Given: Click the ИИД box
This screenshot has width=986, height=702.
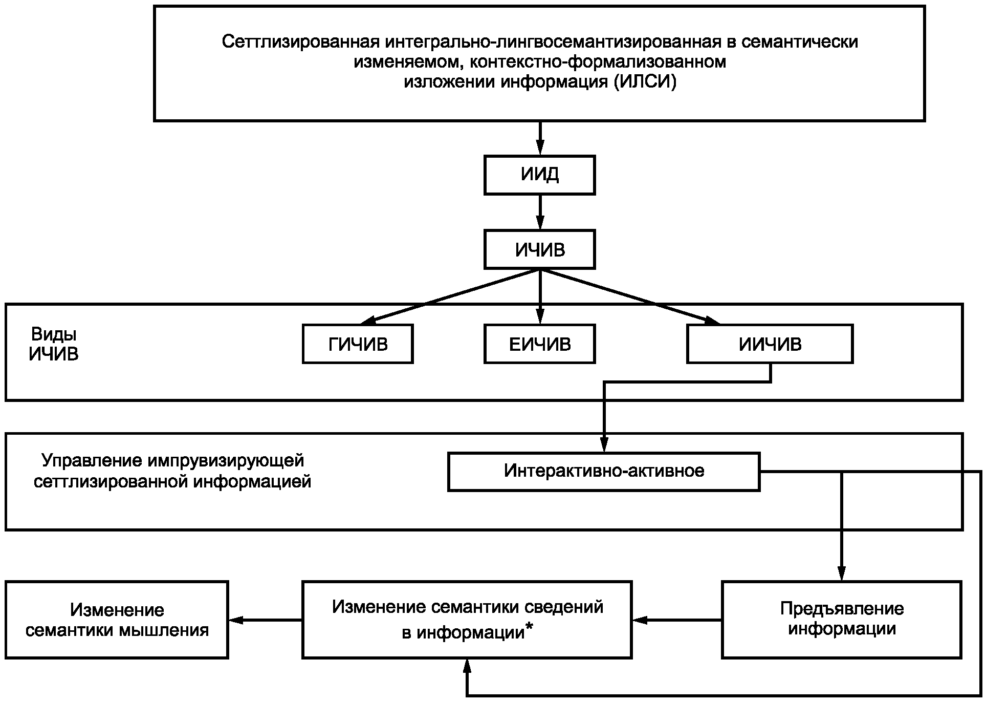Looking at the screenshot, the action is tap(540, 175).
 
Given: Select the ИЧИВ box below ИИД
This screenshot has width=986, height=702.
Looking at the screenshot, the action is tap(540, 249).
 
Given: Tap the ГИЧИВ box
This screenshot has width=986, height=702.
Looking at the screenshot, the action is tap(358, 344).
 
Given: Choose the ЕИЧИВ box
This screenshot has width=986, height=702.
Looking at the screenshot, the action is tap(540, 344).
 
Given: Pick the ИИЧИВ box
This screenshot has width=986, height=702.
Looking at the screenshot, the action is tap(770, 344).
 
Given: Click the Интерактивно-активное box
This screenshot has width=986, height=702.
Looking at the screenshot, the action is tap(604, 472).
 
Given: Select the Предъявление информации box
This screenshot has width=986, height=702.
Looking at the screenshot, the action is tap(842, 620).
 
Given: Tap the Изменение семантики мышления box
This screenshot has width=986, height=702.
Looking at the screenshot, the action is tap(117, 620).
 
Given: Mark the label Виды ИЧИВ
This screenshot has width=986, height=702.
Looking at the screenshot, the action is tap(54, 344).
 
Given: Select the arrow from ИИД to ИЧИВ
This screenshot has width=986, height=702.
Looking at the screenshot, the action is tap(540, 212).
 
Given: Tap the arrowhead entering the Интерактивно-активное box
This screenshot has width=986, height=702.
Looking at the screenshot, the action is tap(604, 444).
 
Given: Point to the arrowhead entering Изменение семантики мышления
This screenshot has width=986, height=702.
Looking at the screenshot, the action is tap(236, 620).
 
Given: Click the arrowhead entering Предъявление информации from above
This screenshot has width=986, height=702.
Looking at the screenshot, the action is tap(842, 573).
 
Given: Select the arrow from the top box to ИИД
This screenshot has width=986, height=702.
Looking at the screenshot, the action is tap(540, 138).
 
